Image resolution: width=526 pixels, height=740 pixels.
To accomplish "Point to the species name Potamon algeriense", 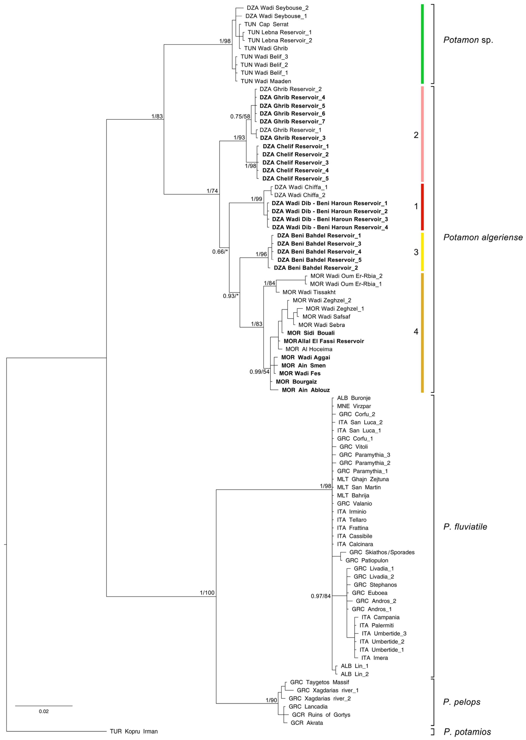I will click(x=483, y=237).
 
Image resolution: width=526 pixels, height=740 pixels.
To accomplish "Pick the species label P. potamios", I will click(x=467, y=732).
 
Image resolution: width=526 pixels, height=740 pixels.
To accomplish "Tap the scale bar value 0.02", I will click(x=44, y=711).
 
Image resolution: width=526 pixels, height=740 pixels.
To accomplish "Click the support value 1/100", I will click(x=207, y=593).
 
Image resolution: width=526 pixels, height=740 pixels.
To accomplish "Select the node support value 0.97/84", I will click(x=321, y=596).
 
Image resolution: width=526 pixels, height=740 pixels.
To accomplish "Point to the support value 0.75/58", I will click(x=240, y=116).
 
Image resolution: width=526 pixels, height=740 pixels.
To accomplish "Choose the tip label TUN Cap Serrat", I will click(x=266, y=24).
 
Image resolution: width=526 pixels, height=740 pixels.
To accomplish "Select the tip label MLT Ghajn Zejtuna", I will click(x=363, y=479).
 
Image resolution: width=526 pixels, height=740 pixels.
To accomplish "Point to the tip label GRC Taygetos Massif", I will click(x=319, y=682).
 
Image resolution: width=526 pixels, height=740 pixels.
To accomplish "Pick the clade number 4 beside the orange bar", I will click(x=416, y=331).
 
